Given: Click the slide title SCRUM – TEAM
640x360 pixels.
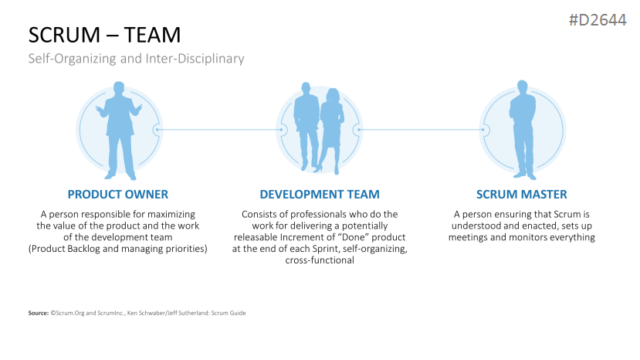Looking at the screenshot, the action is (104, 35).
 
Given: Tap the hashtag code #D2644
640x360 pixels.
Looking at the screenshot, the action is (598, 20).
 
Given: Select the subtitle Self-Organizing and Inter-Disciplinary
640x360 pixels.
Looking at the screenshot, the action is (137, 59).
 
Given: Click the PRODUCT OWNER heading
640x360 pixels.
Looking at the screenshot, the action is (118, 194).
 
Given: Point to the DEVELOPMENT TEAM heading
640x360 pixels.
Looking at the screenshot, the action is (320, 194).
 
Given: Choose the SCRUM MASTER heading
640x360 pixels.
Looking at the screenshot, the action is (522, 194).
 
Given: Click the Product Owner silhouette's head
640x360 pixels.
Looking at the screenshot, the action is (119, 88).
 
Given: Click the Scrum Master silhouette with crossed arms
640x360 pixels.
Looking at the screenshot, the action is (523, 130).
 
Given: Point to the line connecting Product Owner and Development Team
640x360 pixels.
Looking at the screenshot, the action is (219, 130).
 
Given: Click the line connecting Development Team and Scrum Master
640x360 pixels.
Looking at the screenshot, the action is (421, 130).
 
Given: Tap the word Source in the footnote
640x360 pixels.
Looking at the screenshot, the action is (38, 313).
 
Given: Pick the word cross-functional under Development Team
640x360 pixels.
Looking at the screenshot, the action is (320, 260).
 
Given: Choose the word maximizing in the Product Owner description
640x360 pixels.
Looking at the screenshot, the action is (171, 215).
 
